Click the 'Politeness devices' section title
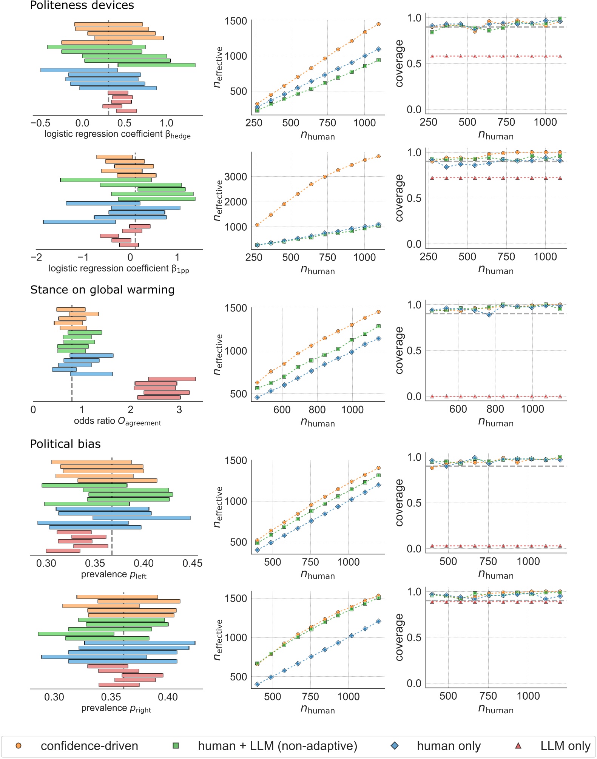click(82, 5)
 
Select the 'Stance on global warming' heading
click(102, 290)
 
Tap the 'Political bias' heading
click(65, 444)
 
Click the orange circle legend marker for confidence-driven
click(18, 745)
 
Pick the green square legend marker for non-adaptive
click(176, 745)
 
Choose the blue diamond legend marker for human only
click(395, 745)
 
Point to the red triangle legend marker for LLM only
click(518, 745)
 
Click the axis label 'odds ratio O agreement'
click(117, 421)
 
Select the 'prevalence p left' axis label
click(114, 575)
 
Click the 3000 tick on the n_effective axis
click(236, 177)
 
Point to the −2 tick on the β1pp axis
click(36, 258)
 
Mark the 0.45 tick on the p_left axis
click(192, 563)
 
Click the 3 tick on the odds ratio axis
click(179, 410)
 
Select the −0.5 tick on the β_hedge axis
click(40, 123)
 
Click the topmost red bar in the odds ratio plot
click(172, 379)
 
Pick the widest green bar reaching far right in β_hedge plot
click(157, 65)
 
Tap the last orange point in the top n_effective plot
click(378, 24)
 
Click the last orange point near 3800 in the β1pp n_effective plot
click(378, 156)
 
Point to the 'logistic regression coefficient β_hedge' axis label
click(117, 134)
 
